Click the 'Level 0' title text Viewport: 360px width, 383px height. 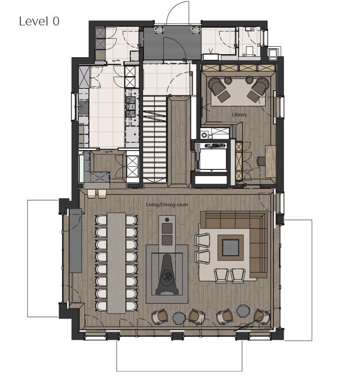pyautogui.click(x=39, y=21)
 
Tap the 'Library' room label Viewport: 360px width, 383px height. pyautogui.click(x=239, y=114)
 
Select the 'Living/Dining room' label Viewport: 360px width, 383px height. pyautogui.click(x=167, y=205)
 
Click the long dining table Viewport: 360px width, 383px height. pyautogui.click(x=117, y=263)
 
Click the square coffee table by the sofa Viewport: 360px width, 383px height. pyautogui.click(x=231, y=248)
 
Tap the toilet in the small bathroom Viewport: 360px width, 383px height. pyautogui.click(x=250, y=51)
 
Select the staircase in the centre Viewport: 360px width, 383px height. pyautogui.click(x=154, y=139)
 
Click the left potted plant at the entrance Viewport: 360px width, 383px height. pyautogui.click(x=159, y=30)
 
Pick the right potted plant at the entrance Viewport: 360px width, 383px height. pyautogui.click(x=196, y=30)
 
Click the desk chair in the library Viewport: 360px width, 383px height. pyautogui.click(x=261, y=161)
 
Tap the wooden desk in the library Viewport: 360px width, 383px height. pyautogui.click(x=270, y=162)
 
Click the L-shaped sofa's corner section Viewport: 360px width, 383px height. pyautogui.click(x=259, y=220)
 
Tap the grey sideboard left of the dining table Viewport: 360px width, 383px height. pyautogui.click(x=75, y=240)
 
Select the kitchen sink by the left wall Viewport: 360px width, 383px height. pyautogui.click(x=84, y=107)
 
